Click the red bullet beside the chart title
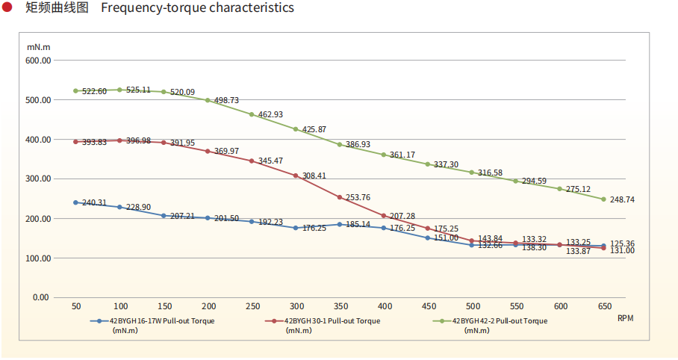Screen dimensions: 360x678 (x=7, y=8)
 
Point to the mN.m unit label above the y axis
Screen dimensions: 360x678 (x=38, y=47)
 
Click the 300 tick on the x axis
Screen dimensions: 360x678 (x=296, y=306)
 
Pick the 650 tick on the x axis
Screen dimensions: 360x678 (x=604, y=306)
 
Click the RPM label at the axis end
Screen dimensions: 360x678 (x=625, y=318)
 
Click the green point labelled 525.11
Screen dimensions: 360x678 (x=119, y=90)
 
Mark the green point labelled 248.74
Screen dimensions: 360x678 (x=604, y=199)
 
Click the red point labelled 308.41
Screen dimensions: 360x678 (x=296, y=176)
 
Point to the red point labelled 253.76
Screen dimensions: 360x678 (x=340, y=197)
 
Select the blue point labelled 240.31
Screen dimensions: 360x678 (x=75, y=202)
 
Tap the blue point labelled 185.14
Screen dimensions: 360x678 (x=340, y=224)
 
